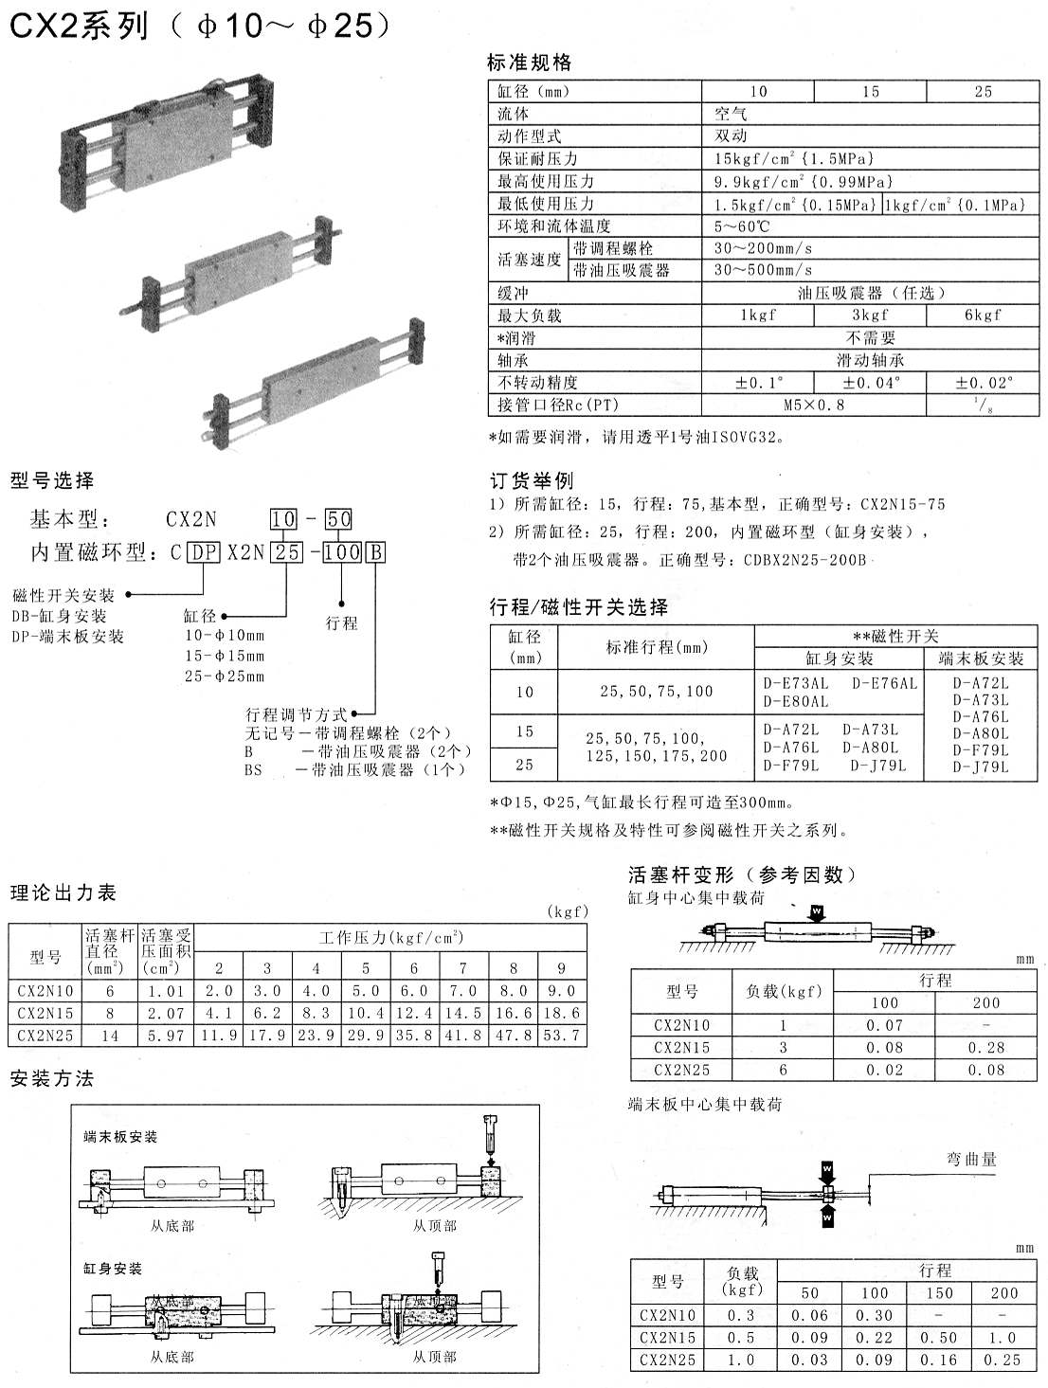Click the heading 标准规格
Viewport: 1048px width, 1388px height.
pyautogui.click(x=529, y=63)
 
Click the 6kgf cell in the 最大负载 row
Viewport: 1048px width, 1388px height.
pyautogui.click(x=983, y=315)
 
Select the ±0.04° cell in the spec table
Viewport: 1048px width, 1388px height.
pyautogui.click(x=871, y=383)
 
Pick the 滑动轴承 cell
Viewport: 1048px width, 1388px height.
pyautogui.click(x=870, y=361)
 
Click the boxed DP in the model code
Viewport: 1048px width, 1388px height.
pyautogui.click(x=204, y=551)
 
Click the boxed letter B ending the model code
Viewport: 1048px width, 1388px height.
pyautogui.click(x=376, y=551)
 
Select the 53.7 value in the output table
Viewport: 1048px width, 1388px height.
pyautogui.click(x=561, y=1036)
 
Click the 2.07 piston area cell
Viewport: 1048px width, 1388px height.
pyautogui.click(x=167, y=1014)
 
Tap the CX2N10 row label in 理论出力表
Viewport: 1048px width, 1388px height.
pyautogui.click(x=45, y=991)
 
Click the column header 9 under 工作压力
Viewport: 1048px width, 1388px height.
pyautogui.click(x=561, y=968)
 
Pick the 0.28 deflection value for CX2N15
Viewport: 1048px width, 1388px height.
pyautogui.click(x=986, y=1048)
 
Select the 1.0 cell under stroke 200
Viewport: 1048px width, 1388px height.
pyautogui.click(x=1003, y=1338)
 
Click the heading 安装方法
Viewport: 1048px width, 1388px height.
pyautogui.click(x=52, y=1079)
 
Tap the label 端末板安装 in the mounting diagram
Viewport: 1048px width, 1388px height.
pyautogui.click(x=120, y=1137)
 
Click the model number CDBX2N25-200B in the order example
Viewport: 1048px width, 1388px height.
pyautogui.click(x=804, y=560)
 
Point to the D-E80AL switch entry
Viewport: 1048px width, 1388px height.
pyautogui.click(x=796, y=702)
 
